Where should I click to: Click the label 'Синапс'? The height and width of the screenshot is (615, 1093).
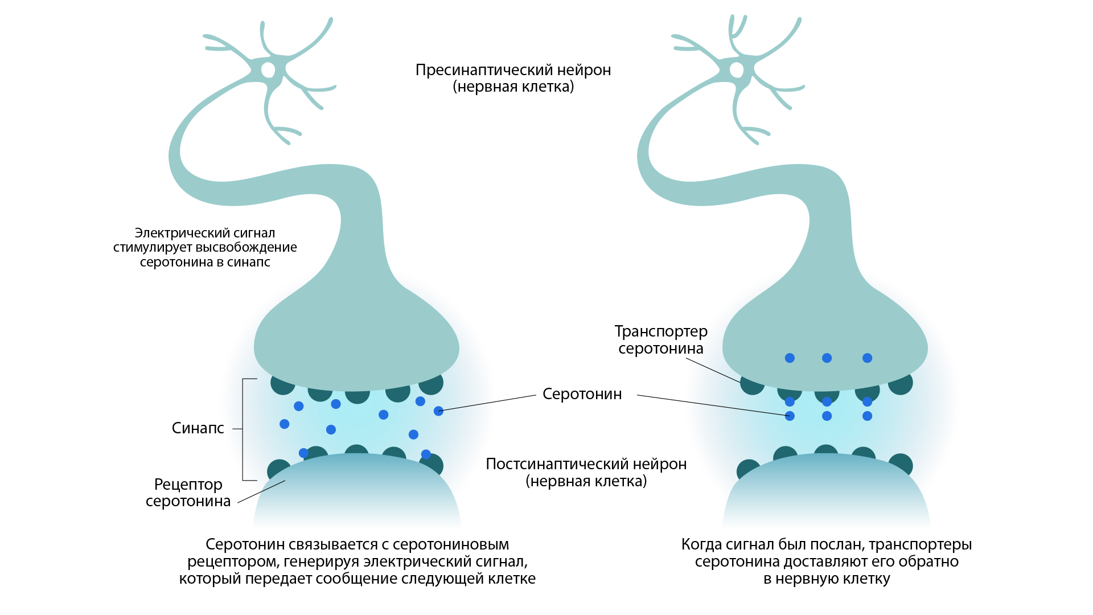click(198, 428)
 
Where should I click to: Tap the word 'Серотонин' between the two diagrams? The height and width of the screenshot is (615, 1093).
click(582, 394)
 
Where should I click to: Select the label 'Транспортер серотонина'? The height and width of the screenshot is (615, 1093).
click(661, 340)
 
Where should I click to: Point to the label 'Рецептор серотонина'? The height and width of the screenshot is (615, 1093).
click(188, 493)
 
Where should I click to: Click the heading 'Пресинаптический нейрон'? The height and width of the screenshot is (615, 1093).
click(513, 70)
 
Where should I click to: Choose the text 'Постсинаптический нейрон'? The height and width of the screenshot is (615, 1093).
click(586, 464)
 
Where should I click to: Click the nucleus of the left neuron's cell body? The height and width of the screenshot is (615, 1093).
click(268, 70)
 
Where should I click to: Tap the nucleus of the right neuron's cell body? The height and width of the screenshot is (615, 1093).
click(736, 70)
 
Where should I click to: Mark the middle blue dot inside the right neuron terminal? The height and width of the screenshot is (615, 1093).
click(827, 358)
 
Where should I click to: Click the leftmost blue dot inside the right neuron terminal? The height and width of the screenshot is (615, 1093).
click(790, 358)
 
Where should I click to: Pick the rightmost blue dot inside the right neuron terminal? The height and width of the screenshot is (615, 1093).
click(867, 358)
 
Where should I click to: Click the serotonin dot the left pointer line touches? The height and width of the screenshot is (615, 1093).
click(438, 411)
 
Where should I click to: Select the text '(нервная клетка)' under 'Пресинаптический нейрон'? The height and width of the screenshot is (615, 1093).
click(513, 87)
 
